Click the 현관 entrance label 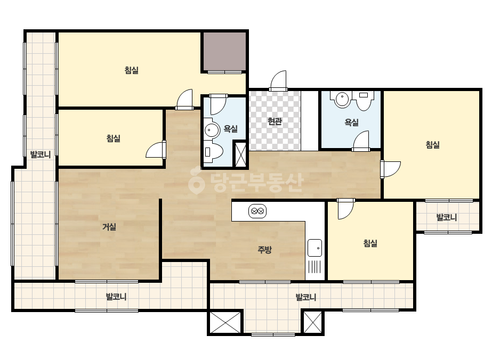(275, 121)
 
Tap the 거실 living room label (109, 227)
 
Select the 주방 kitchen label (264, 250)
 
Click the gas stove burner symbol (257, 211)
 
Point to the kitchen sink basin (314, 248)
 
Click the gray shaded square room (224, 51)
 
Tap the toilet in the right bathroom (364, 100)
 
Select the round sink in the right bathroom (342, 100)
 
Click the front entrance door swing (278, 80)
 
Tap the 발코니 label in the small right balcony (447, 217)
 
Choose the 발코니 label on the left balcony (41, 154)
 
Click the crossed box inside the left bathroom (240, 154)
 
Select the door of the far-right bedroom (390, 169)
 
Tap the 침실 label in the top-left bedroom (132, 70)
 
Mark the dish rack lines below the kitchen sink (314, 267)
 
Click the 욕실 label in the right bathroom (351, 122)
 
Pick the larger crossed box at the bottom (225, 322)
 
